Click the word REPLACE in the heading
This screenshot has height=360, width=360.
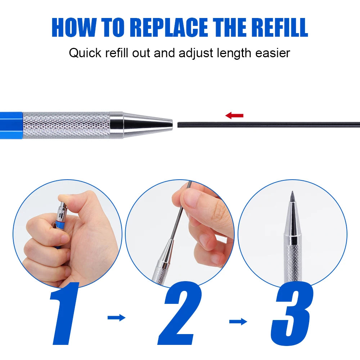[x=170, y=27]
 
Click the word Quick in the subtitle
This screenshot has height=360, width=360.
[x=85, y=53]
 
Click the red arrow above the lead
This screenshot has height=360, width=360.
[x=234, y=115]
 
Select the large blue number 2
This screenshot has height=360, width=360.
[x=180, y=313]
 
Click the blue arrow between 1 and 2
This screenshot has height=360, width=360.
[x=117, y=318]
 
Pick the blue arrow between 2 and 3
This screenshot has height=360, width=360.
[x=238, y=321]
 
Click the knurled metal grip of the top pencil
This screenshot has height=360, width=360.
[x=67, y=125]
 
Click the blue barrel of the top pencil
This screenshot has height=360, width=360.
[x=11, y=125]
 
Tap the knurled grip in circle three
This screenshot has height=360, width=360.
[x=293, y=264]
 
